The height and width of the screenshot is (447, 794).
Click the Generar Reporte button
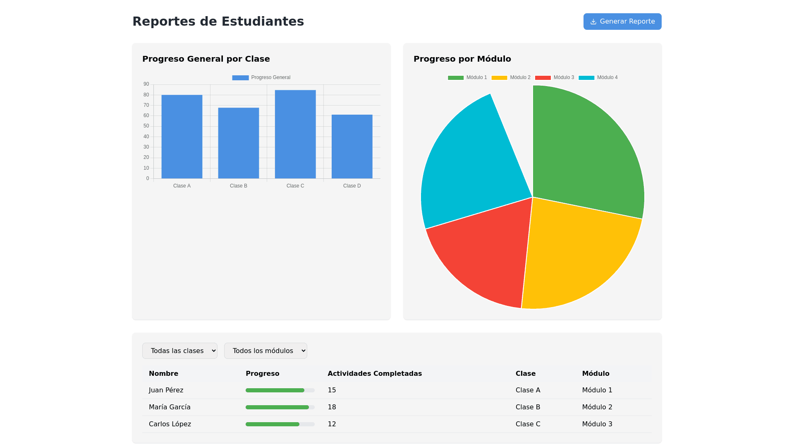coord(622,22)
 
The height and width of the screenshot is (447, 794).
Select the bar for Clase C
coord(295,135)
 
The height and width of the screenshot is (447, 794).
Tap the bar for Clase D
coord(352,147)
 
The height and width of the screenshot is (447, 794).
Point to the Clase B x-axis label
coord(239,186)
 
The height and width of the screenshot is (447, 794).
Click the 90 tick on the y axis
coord(146,84)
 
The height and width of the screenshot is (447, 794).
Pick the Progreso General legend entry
coord(261,78)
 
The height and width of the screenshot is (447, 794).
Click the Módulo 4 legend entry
coord(598,78)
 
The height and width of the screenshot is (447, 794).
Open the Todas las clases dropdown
coord(180,351)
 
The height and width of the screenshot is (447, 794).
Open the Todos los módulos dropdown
coord(265,351)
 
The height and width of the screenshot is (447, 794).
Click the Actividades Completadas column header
coord(375,373)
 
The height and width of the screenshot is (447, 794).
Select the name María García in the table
coord(170,407)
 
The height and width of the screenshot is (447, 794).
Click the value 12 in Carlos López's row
coord(332,424)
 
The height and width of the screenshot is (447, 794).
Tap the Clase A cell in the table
coord(528,390)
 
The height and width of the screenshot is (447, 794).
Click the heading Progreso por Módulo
coord(462,59)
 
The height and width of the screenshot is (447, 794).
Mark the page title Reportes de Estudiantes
coord(218,22)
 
